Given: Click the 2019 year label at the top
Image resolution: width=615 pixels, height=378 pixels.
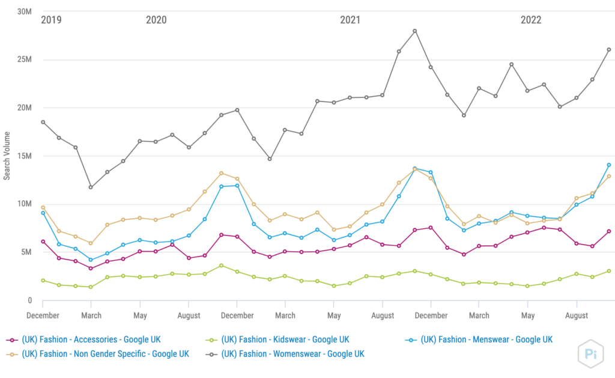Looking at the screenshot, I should (x=51, y=20).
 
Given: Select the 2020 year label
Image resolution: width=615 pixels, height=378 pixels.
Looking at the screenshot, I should (x=156, y=20).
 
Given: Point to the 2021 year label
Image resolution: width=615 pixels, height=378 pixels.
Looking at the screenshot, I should (x=350, y=20).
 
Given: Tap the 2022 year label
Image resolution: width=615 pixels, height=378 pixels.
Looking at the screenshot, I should (x=531, y=20).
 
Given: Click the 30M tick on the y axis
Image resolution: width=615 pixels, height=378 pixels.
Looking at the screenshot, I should (x=24, y=12).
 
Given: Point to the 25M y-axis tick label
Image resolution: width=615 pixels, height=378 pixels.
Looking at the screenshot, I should (x=24, y=60).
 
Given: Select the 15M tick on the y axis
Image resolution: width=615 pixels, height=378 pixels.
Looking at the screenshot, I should (x=24, y=156).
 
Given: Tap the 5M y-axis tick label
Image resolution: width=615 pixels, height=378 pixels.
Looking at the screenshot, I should (x=26, y=252).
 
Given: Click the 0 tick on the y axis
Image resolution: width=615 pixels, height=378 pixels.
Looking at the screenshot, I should (x=28, y=300).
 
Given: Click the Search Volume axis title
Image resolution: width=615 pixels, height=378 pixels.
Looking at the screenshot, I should (x=7, y=156).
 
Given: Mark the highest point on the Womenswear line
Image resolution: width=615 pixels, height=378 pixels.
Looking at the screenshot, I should (x=415, y=31).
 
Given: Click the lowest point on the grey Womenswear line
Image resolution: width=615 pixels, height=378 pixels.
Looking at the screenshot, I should (x=91, y=187).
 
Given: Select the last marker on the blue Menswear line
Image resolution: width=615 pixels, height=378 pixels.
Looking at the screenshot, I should (x=608, y=165).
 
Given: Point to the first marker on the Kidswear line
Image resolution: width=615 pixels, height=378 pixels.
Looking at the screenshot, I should (x=43, y=281).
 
